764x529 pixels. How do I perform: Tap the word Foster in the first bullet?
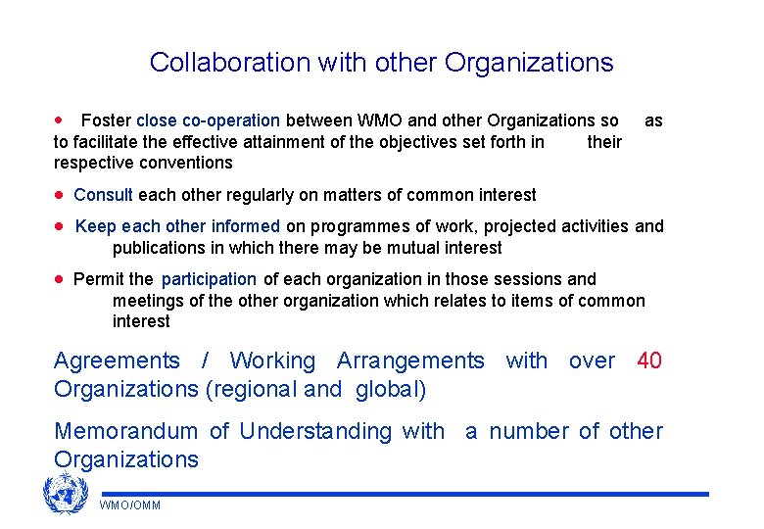[x=106, y=120]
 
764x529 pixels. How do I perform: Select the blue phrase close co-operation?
[x=208, y=120]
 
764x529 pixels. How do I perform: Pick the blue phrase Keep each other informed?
[x=177, y=226]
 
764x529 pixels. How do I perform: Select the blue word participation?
[x=209, y=279]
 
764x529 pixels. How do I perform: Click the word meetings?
[x=148, y=301]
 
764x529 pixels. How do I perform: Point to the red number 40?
[x=649, y=361]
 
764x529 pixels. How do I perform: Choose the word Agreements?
[x=117, y=361]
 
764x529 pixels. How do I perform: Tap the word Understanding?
[x=312, y=431]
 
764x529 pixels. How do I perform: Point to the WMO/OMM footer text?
[x=130, y=505]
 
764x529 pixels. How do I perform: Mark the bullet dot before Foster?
[x=61, y=120]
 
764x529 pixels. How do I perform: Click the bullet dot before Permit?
[x=61, y=279]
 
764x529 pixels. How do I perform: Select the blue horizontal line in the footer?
[x=404, y=494]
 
